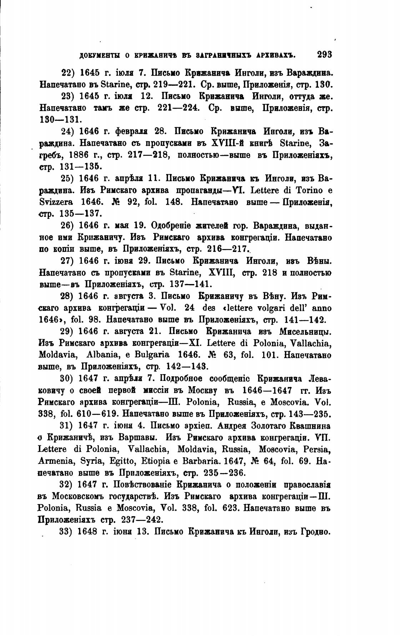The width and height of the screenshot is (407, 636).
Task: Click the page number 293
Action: click(x=324, y=55)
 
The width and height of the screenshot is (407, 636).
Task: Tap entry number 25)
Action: click(x=67, y=178)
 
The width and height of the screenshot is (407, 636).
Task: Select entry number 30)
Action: click(x=67, y=379)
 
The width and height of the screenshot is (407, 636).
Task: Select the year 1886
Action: click(x=81, y=155)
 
